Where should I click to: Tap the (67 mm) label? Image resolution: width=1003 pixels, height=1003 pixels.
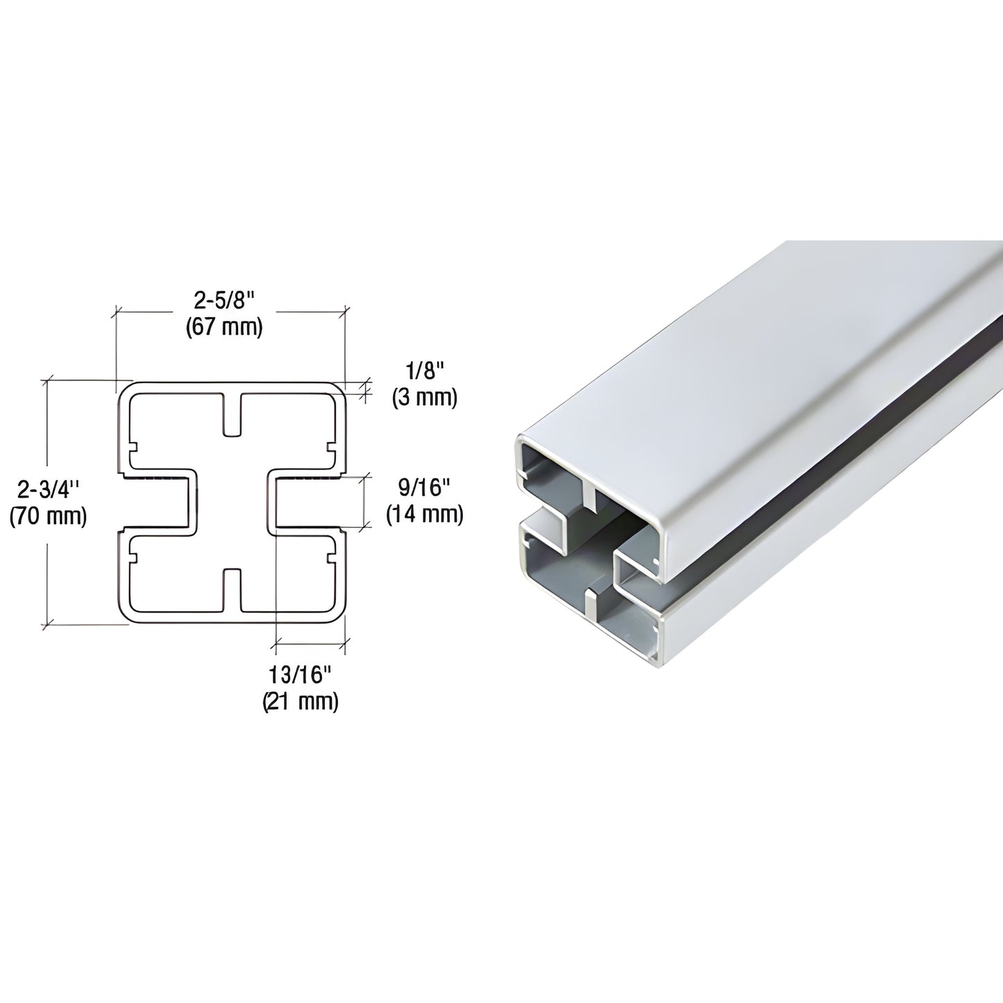click(x=224, y=327)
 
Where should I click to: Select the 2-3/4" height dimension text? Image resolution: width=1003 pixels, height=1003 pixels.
click(x=48, y=491)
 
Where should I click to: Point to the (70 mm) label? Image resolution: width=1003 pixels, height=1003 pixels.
click(x=48, y=516)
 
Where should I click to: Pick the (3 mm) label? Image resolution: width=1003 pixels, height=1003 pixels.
click(x=424, y=398)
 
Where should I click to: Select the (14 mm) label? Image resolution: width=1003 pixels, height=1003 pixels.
click(x=424, y=514)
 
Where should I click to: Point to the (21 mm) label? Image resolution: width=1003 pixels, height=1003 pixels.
click(x=301, y=702)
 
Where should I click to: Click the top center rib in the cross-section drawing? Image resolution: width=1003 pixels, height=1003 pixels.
click(x=233, y=415)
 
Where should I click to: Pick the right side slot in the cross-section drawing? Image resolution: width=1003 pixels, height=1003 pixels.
click(x=305, y=503)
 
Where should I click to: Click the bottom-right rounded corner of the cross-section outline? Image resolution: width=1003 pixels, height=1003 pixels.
click(x=339, y=615)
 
